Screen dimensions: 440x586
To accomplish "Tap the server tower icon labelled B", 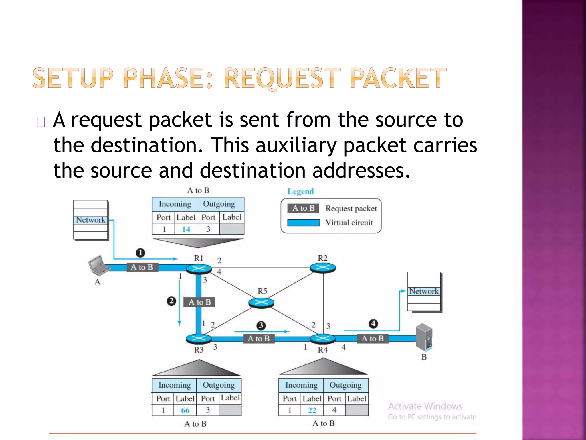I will point(424,337).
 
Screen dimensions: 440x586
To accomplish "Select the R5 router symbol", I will point(261,302).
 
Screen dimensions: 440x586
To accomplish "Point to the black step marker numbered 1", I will point(140,253).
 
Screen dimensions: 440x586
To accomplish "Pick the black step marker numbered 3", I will point(261,325).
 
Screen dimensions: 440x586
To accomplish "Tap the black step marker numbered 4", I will point(373,324).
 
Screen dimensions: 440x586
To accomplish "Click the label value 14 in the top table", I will point(186,229).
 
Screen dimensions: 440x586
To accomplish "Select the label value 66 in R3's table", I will point(185,410).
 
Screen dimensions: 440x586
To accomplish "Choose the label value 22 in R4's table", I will point(312,410).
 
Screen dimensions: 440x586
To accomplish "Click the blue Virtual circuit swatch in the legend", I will point(303,223).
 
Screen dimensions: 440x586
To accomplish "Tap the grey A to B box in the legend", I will point(303,208).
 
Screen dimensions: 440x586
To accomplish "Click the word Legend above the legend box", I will point(300,191).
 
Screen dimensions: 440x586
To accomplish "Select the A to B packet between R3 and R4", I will point(259,339).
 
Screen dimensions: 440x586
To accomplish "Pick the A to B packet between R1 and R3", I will point(200,302).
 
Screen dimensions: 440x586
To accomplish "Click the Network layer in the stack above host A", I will point(91,220).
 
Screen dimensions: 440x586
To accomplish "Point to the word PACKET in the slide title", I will point(398,78).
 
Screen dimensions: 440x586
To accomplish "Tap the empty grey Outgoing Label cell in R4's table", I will point(357,410).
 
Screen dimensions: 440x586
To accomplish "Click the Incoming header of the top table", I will point(175,204).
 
